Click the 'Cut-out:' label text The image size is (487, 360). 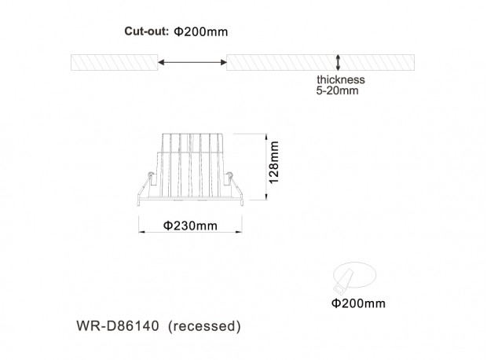click(x=146, y=31)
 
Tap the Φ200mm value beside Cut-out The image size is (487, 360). click(x=200, y=31)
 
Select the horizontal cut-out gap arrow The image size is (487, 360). click(x=192, y=62)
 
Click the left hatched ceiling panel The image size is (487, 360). click(x=115, y=62)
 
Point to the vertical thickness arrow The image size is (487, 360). click(x=338, y=62)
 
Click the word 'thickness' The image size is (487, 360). click(x=341, y=79)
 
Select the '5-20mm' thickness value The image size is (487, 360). click(x=337, y=90)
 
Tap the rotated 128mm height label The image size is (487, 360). click(x=273, y=162)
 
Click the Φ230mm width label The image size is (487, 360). click(x=190, y=226)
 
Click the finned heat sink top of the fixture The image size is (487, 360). click(x=192, y=143)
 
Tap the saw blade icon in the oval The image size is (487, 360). click(x=343, y=281)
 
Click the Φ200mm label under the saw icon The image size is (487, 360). click(x=358, y=303)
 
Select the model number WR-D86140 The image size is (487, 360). click(x=118, y=325)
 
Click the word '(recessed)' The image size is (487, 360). click(x=204, y=326)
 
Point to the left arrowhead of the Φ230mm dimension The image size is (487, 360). click(x=141, y=232)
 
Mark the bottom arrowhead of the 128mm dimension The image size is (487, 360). click(x=266, y=197)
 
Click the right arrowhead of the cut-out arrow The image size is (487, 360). click(x=224, y=62)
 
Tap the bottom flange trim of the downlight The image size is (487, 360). click(x=190, y=198)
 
